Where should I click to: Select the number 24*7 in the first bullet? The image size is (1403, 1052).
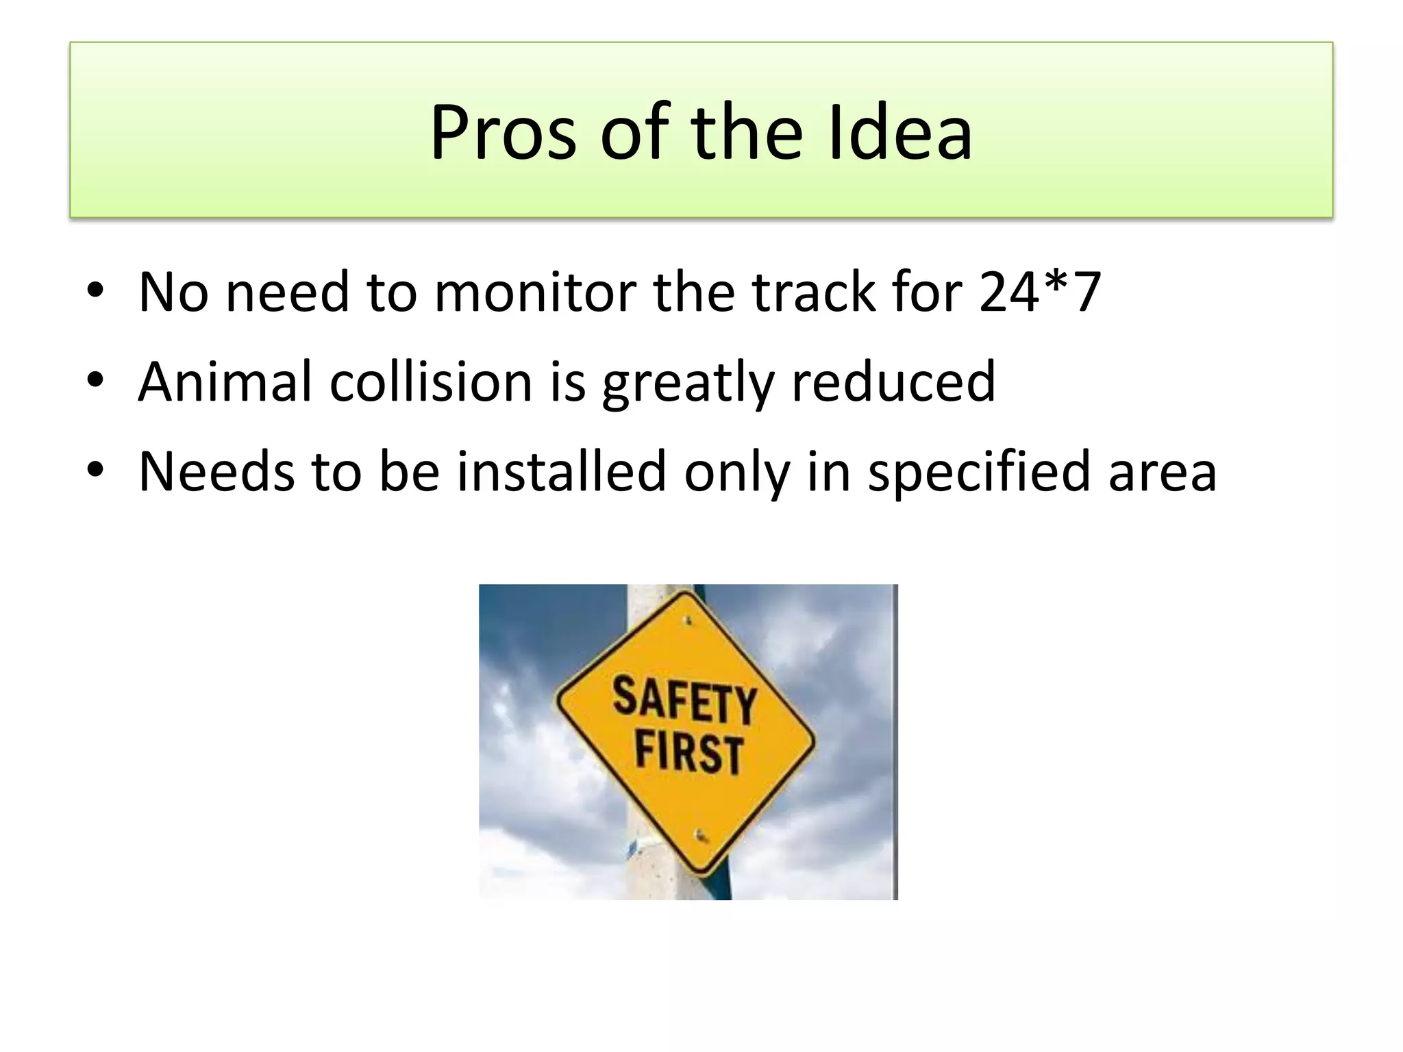click(x=1039, y=292)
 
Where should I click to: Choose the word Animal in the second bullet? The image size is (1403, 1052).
click(x=225, y=381)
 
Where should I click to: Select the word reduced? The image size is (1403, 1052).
click(x=893, y=381)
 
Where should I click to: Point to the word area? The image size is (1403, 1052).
click(x=1163, y=473)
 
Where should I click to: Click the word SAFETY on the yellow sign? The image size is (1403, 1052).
click(x=684, y=700)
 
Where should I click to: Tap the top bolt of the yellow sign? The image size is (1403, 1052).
click(x=688, y=621)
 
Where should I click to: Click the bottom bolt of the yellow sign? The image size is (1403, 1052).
click(x=700, y=835)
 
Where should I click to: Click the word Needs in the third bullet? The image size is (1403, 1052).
click(x=216, y=471)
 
